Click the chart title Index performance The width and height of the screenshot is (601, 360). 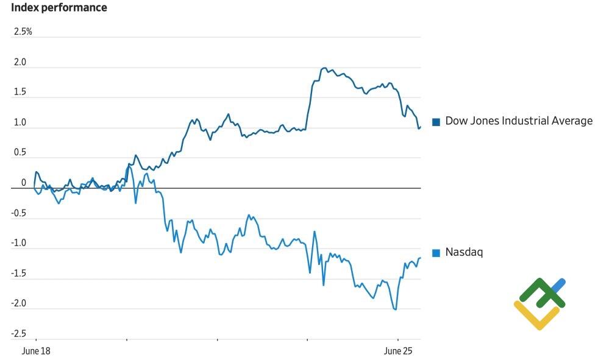59,8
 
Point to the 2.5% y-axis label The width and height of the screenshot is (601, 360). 23,32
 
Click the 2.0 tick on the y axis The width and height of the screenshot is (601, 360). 20,62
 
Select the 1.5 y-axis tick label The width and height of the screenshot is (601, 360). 20,92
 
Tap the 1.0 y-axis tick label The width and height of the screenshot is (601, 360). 20,122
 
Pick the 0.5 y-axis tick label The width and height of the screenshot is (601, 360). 20,152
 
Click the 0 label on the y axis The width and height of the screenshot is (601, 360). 24,182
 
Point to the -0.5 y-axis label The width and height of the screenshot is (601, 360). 19,213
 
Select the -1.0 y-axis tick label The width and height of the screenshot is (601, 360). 19,243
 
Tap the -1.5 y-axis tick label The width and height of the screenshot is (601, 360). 19,273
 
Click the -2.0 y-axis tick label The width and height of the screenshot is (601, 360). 19,303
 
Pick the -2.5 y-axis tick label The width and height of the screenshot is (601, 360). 19,333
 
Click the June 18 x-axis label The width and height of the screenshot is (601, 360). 36,351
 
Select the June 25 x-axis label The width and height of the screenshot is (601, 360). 397,351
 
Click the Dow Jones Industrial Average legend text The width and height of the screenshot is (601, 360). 519,121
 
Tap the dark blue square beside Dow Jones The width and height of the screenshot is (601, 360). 436,122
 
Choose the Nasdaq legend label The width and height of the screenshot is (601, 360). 464,252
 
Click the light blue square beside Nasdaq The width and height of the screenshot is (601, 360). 436,253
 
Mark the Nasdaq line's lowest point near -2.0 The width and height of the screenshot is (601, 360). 396,309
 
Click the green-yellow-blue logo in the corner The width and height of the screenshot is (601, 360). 540,303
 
